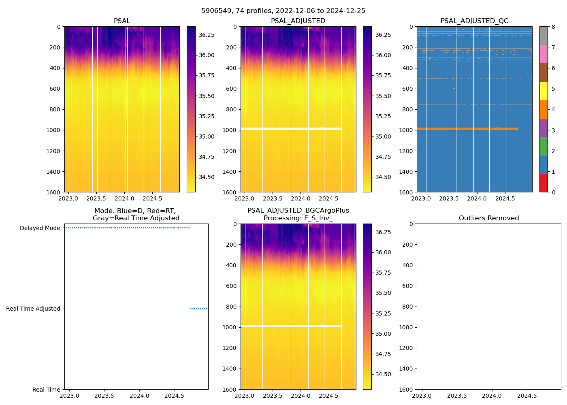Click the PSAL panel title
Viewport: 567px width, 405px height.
(122, 21)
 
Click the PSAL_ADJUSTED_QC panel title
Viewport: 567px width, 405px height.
(474, 21)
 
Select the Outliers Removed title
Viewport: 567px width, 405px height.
(488, 218)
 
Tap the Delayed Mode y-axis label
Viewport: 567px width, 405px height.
(40, 228)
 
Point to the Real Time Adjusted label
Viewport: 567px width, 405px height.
(33, 309)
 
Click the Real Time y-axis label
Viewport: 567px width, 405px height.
(46, 390)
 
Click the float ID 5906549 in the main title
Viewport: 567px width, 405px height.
(215, 11)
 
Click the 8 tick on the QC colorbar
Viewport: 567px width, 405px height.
(553, 27)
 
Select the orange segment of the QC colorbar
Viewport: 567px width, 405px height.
(544, 109)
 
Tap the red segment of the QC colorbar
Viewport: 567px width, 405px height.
(544, 183)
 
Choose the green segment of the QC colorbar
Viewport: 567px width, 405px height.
(544, 146)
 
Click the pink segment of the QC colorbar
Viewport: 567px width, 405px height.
(544, 54)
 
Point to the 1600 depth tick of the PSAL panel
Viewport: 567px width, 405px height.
(53, 192)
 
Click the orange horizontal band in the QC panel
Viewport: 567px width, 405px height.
(466, 129)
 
